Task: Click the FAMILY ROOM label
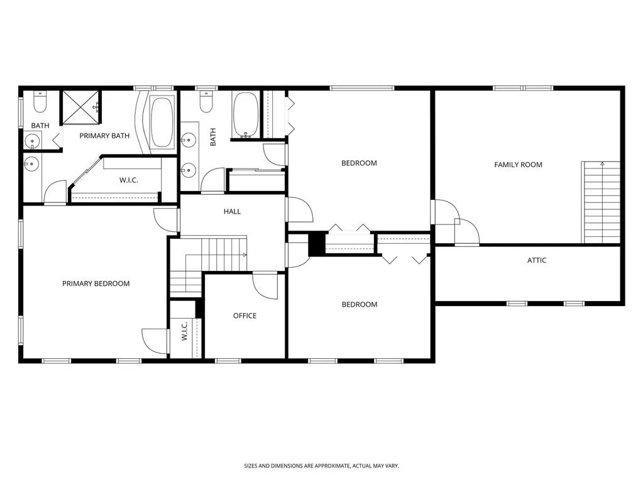pyautogui.click(x=518, y=165)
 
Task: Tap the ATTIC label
pyautogui.click(x=536, y=260)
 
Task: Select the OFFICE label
pyautogui.click(x=245, y=315)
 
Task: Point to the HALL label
pyautogui.click(x=232, y=212)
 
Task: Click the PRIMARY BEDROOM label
pyautogui.click(x=96, y=283)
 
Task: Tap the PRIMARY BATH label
pyautogui.click(x=104, y=136)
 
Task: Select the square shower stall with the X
pyautogui.click(x=81, y=107)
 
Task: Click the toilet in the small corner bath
pyautogui.click(x=40, y=101)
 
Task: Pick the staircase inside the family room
pyautogui.click(x=601, y=202)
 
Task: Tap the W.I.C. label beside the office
pyautogui.click(x=185, y=331)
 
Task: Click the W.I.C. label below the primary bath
pyautogui.click(x=129, y=180)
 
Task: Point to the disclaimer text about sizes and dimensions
pyautogui.click(x=322, y=466)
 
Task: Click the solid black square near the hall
pyautogui.click(x=317, y=244)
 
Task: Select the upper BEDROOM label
pyautogui.click(x=360, y=163)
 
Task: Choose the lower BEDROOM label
pyautogui.click(x=360, y=305)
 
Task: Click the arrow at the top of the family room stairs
pyautogui.click(x=602, y=164)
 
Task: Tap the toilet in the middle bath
pyautogui.click(x=206, y=101)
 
